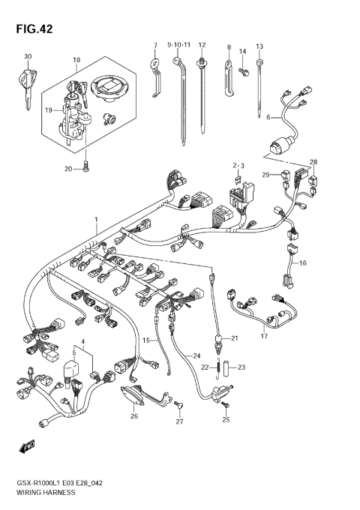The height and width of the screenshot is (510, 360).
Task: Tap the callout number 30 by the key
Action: [28, 57]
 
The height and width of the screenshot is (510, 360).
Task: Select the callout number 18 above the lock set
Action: [76, 59]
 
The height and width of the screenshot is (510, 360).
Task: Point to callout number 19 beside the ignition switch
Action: [47, 109]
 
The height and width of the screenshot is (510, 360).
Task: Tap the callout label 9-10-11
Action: [179, 46]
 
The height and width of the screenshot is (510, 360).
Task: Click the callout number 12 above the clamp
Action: [202, 46]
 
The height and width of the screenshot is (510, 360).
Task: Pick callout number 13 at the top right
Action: [259, 46]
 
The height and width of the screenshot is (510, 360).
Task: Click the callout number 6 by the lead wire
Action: [268, 117]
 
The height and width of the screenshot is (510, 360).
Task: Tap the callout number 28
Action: [313, 162]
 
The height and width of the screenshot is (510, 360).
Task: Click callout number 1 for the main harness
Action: [95, 218]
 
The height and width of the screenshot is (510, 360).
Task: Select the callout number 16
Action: [304, 263]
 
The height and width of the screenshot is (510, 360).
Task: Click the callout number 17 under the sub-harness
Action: [263, 336]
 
